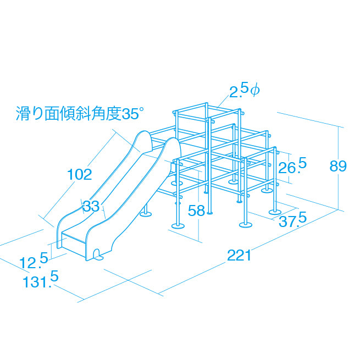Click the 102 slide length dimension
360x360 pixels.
pos(80,174)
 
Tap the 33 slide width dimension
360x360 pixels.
pos(91,206)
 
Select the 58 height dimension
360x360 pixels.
pos(196,211)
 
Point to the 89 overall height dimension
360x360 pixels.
pos(338,166)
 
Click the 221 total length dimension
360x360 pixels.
pos(239,256)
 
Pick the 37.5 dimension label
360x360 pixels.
pos(293,220)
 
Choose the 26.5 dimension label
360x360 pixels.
pos(292,166)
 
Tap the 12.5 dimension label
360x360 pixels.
pos(34,260)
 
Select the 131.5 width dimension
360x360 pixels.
pos(41,279)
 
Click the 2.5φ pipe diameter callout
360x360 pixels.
pos(245,90)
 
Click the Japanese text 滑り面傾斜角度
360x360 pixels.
pos(69,113)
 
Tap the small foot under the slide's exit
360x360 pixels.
pos(98,255)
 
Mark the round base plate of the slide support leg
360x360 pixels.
pos(146,214)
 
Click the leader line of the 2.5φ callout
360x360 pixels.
pos(223,101)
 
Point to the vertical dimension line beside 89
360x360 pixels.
pos(339,168)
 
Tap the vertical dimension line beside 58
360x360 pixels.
pos(198,206)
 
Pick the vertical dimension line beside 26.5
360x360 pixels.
pos(288,168)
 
